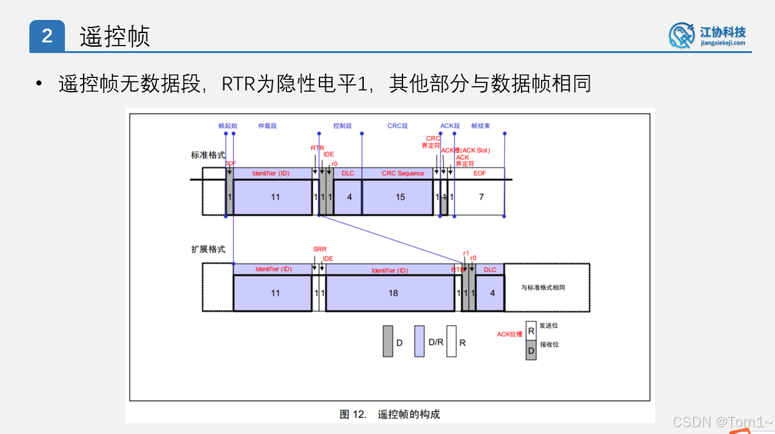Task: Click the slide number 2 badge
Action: tap(47, 36)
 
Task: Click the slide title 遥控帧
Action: tap(115, 37)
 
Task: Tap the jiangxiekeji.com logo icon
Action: tap(681, 35)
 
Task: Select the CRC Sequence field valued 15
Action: tap(400, 197)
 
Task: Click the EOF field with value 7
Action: tap(480, 197)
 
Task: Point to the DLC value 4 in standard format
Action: tap(349, 197)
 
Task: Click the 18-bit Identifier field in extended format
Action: tap(393, 292)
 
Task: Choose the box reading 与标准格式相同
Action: tap(546, 287)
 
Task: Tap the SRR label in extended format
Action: tap(319, 249)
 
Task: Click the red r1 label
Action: tap(466, 253)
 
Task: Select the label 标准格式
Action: tap(208, 155)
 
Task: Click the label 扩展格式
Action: tap(208, 249)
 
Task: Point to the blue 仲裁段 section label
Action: tap(267, 126)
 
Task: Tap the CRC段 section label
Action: tap(397, 126)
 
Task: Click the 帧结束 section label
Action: tap(480, 126)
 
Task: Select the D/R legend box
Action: tap(419, 341)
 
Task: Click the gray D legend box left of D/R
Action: tap(388, 341)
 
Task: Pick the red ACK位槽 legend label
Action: tap(509, 334)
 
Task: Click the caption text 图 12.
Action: tap(353, 414)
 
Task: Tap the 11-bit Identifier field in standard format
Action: tap(275, 197)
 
